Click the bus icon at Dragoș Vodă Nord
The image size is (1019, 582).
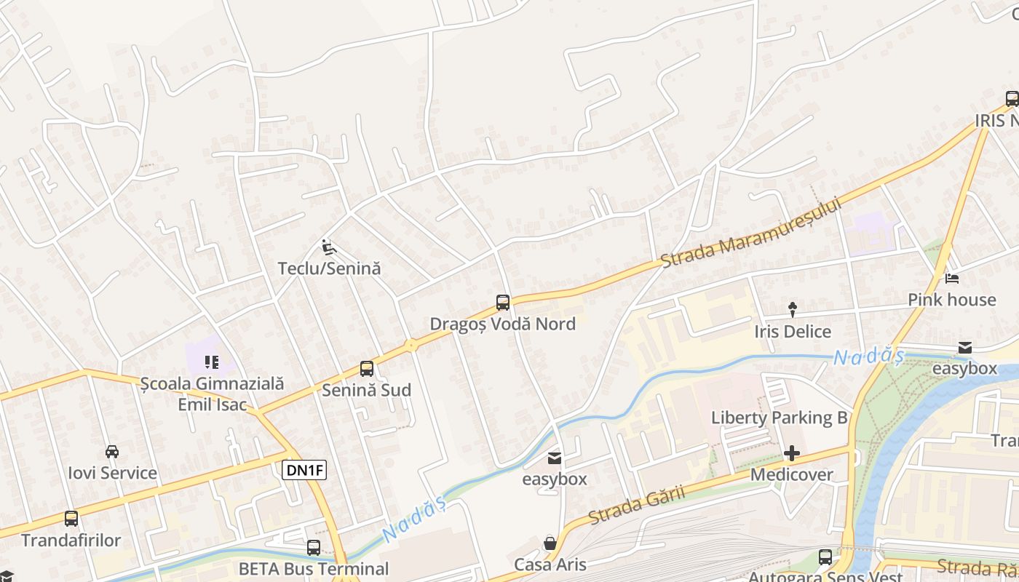(x=502, y=303)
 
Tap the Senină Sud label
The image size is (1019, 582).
(x=366, y=390)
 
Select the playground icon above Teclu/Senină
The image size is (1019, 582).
(x=329, y=247)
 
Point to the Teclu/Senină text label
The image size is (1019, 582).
(x=329, y=268)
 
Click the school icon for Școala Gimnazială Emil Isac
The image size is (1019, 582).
(x=212, y=362)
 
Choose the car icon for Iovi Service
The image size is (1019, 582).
(x=112, y=452)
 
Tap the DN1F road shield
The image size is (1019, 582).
(x=304, y=470)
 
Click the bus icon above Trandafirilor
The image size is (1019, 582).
(x=71, y=519)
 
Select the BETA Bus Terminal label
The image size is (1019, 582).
(x=314, y=568)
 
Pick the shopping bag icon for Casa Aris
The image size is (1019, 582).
(x=550, y=543)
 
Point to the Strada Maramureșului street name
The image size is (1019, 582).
(x=751, y=232)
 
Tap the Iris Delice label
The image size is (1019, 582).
(x=793, y=332)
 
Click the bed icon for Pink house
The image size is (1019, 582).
(x=951, y=279)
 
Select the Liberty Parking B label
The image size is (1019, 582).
(x=780, y=418)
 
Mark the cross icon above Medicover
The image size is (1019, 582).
(x=792, y=454)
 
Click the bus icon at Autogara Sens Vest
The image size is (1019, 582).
(x=825, y=557)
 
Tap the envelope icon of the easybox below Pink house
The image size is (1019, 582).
(x=964, y=348)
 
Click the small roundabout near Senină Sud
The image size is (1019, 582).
(x=411, y=345)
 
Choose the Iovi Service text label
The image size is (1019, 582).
(x=112, y=473)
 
